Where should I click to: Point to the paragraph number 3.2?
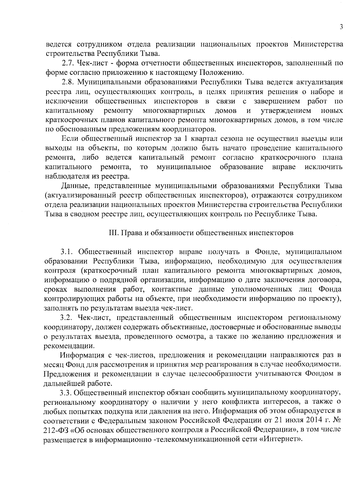click(x=67, y=318)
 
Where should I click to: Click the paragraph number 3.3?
click(x=67, y=392)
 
